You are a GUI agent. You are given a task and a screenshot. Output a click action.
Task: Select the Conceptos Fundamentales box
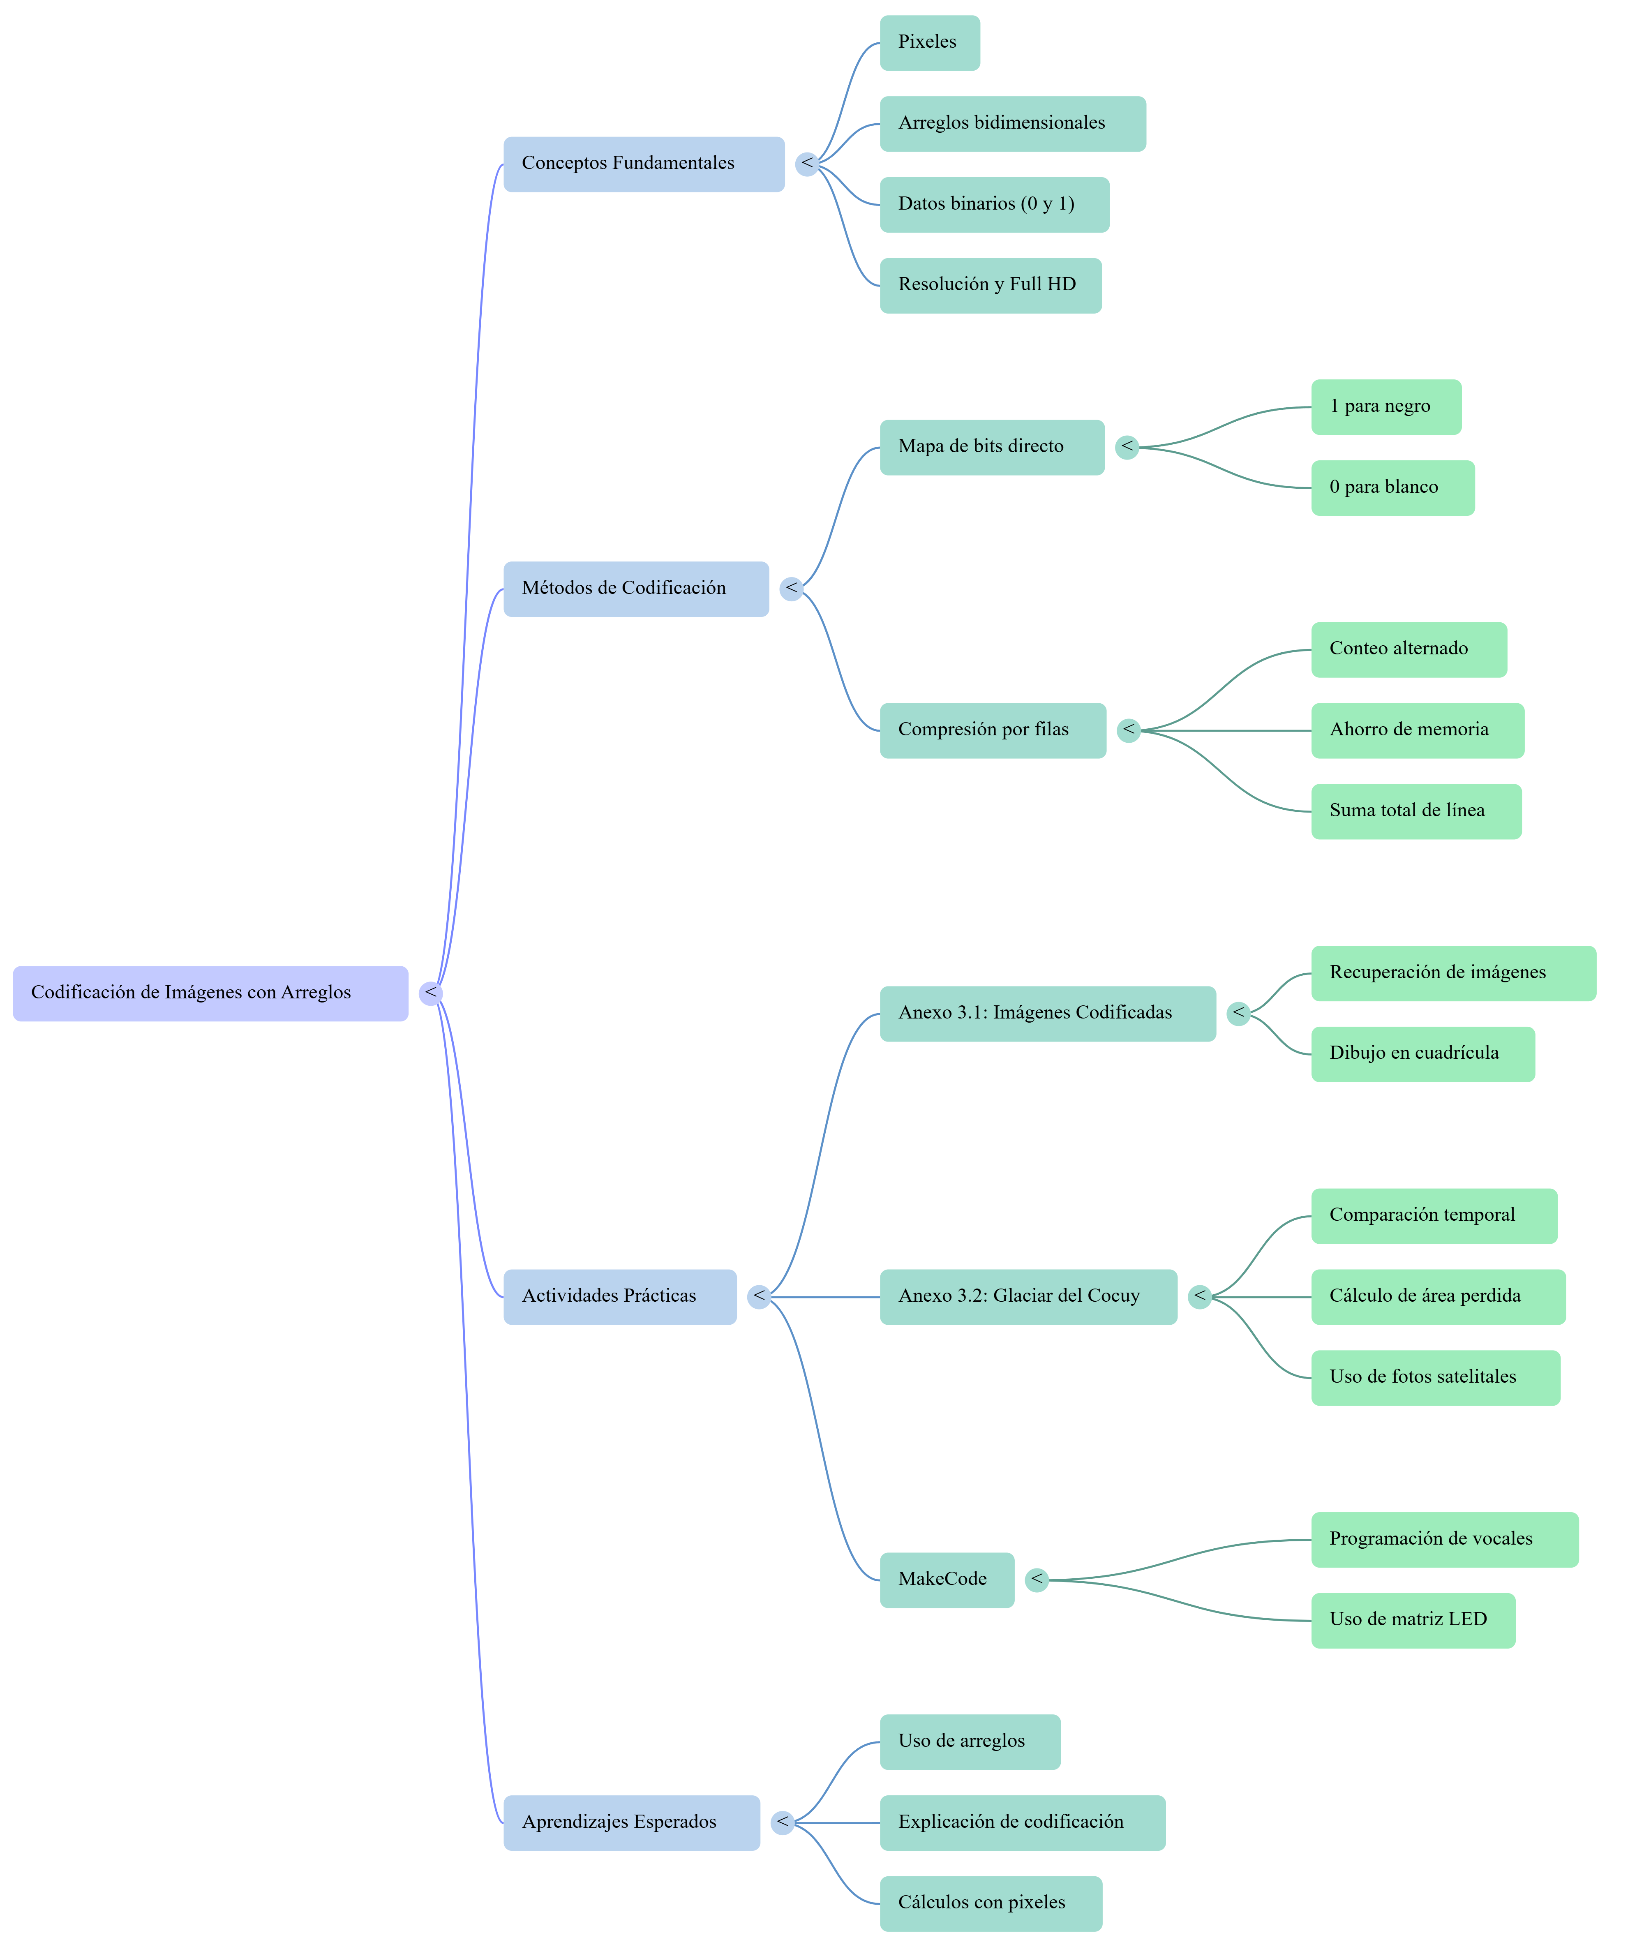(x=643, y=164)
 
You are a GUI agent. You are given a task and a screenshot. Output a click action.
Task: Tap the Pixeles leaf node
(x=929, y=43)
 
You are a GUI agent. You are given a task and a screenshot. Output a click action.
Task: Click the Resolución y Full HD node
(x=990, y=285)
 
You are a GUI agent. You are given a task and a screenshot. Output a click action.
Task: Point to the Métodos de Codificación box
(x=635, y=589)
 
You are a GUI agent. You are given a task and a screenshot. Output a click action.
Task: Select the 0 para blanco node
(x=1392, y=487)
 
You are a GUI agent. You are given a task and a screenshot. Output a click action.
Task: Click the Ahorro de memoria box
(x=1417, y=731)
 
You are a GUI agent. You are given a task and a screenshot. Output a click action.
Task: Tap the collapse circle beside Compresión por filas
(x=1129, y=731)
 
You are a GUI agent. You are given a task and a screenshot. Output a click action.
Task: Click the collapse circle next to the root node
(x=429, y=993)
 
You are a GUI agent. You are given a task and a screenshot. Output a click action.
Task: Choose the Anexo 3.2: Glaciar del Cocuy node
(x=1028, y=1296)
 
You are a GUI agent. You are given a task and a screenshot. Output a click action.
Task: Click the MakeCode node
(x=946, y=1580)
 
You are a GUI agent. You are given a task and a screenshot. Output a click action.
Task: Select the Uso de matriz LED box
(x=1413, y=1621)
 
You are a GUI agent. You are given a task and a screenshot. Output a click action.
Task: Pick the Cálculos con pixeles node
(x=990, y=1903)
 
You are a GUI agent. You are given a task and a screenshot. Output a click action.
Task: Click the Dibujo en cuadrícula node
(x=1422, y=1054)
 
